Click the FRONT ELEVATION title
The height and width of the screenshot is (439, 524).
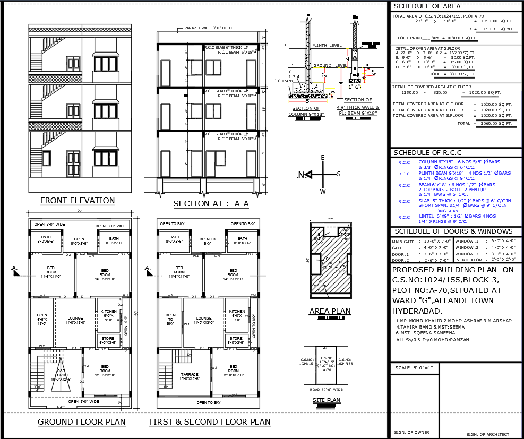(78, 201)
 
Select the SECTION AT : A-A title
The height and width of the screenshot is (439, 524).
(211, 204)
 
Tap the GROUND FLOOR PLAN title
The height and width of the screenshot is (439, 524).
(81, 422)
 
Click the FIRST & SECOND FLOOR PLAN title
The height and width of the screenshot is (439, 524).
(210, 422)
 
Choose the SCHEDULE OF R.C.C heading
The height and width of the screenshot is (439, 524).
(426, 153)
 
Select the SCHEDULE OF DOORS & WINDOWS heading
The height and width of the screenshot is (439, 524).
(454, 231)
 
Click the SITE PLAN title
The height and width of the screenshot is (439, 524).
(326, 400)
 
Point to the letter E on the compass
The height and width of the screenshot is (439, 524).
(322, 158)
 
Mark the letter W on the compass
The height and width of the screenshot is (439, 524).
(322, 191)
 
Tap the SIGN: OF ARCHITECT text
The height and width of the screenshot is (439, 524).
(487, 435)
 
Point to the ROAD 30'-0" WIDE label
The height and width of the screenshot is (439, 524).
(326, 390)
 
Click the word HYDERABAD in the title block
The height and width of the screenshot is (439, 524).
(417, 311)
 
